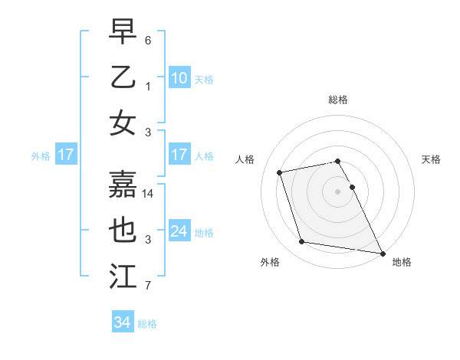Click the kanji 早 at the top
(x=123, y=32)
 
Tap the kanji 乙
(x=123, y=77)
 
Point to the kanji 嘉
(x=123, y=184)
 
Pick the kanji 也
(x=123, y=230)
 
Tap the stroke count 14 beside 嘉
(x=149, y=194)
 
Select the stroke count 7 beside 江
(x=148, y=286)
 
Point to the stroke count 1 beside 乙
(x=148, y=87)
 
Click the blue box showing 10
(x=179, y=77)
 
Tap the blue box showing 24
(x=179, y=231)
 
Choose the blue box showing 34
(x=122, y=322)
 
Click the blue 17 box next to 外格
(x=65, y=155)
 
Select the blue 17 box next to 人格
(x=179, y=155)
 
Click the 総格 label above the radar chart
(x=337, y=100)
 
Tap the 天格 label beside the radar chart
(x=431, y=159)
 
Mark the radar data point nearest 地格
(x=383, y=253)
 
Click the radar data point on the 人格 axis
(x=280, y=172)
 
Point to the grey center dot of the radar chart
(x=337, y=191)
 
